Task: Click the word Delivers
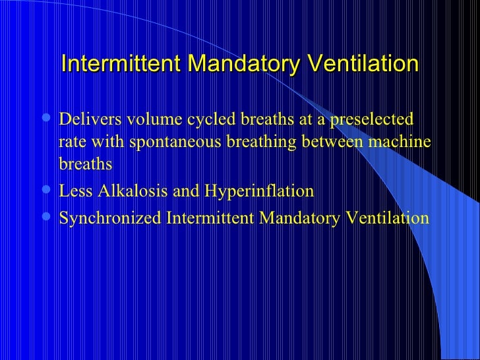click(86, 120)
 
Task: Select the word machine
click(404, 143)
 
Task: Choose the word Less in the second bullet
click(74, 192)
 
